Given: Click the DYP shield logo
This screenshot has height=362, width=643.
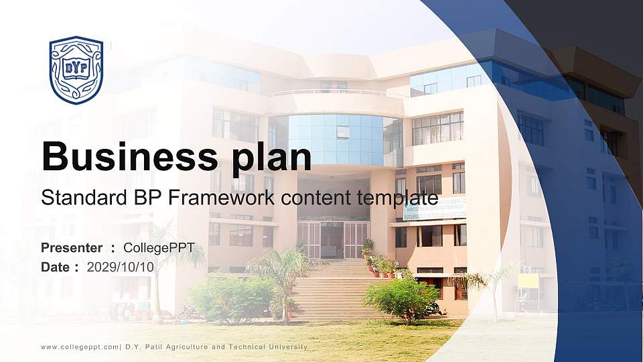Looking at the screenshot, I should (x=76, y=70).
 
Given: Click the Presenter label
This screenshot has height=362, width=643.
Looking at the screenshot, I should (x=72, y=248).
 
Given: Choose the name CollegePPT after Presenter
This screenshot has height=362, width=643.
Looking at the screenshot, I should (x=159, y=248).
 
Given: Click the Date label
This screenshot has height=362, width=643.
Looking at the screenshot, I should (x=56, y=267).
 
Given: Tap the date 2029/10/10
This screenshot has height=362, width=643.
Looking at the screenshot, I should (x=121, y=267).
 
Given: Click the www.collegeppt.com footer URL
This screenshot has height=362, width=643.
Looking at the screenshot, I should (x=80, y=347).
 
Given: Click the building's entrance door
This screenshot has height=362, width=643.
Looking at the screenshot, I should (x=333, y=240).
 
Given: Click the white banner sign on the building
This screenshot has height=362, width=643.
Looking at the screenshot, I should (x=434, y=209).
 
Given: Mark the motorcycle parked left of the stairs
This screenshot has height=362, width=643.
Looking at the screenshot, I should (x=188, y=312).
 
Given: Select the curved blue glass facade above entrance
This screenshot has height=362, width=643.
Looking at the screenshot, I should (x=335, y=138).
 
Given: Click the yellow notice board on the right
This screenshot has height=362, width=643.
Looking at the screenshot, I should (x=528, y=280).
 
